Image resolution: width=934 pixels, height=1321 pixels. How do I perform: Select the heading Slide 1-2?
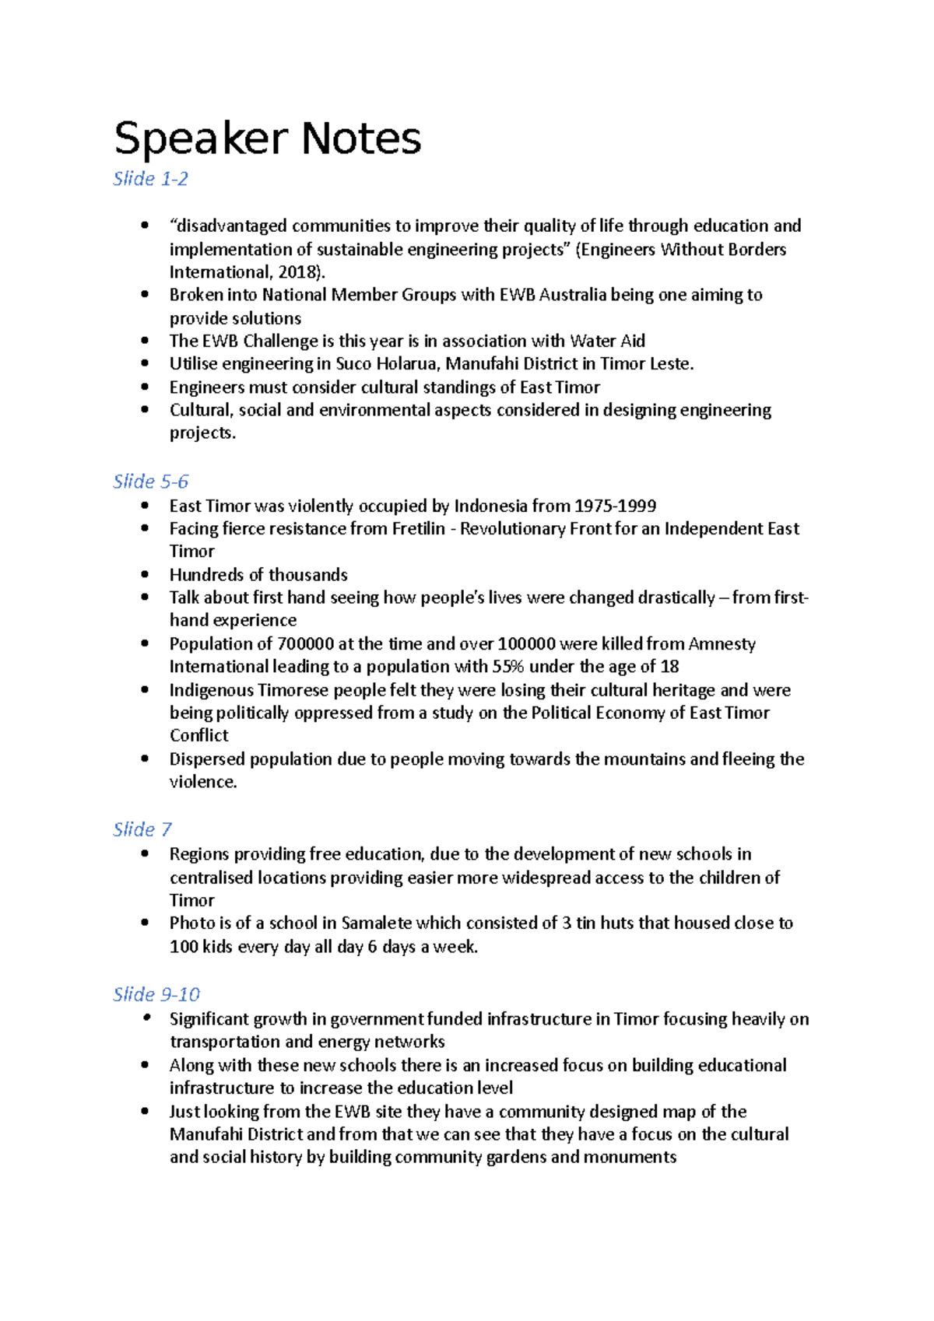point(150,179)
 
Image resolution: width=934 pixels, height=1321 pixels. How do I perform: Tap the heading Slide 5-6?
point(150,482)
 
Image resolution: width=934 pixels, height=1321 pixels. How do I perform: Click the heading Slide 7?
point(142,829)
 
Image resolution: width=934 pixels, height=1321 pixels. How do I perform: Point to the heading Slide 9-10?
point(156,994)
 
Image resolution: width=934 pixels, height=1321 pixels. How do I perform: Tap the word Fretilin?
point(419,528)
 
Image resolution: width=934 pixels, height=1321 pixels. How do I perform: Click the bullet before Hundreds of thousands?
point(145,574)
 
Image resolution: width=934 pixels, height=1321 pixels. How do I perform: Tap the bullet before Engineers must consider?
point(145,387)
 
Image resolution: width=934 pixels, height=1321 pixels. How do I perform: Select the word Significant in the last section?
point(209,1018)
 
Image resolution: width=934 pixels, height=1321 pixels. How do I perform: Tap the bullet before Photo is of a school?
point(145,923)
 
